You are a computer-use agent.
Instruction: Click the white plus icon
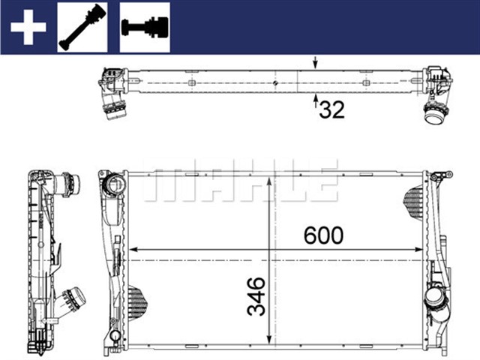pyautogui.click(x=28, y=26)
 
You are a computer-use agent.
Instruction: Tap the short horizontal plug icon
pyautogui.click(x=144, y=26)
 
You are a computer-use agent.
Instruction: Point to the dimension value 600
pyautogui.click(x=323, y=235)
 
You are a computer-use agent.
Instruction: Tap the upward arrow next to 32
pyautogui.click(x=315, y=100)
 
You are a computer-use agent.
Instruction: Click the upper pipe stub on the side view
pyautogui.click(x=70, y=182)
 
